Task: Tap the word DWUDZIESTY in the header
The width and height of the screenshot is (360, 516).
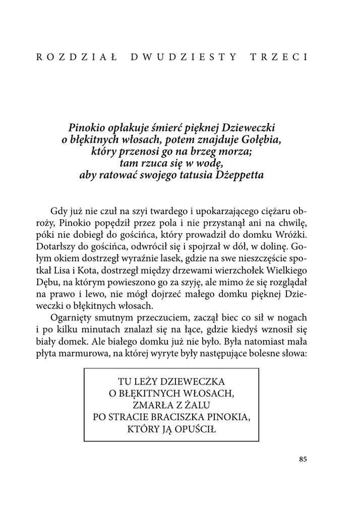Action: (184, 56)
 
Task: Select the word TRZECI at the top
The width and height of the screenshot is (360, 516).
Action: (279, 56)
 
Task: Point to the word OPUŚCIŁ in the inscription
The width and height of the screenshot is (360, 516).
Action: (194, 429)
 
